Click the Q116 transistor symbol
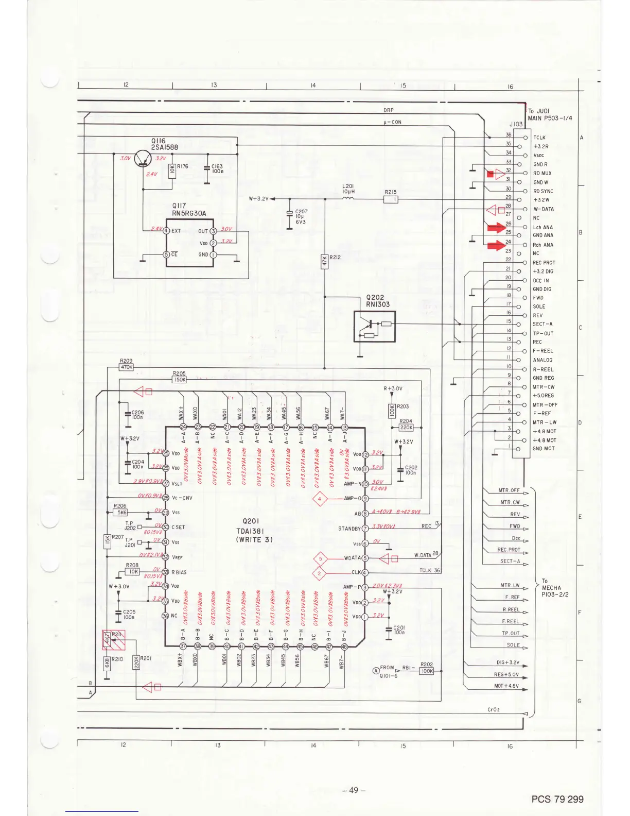[143, 159]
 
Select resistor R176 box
[172, 171]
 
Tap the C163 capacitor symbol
[207, 168]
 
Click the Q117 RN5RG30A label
[189, 210]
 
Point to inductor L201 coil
[348, 198]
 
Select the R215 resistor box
[391, 199]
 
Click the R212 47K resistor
[325, 261]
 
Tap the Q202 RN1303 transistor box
[374, 326]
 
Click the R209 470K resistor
[126, 367]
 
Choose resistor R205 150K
[179, 380]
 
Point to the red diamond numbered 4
[320, 499]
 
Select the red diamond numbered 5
[320, 558]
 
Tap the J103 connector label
[516, 124]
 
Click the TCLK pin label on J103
[539, 138]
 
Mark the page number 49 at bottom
[354, 790]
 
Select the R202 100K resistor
[427, 671]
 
